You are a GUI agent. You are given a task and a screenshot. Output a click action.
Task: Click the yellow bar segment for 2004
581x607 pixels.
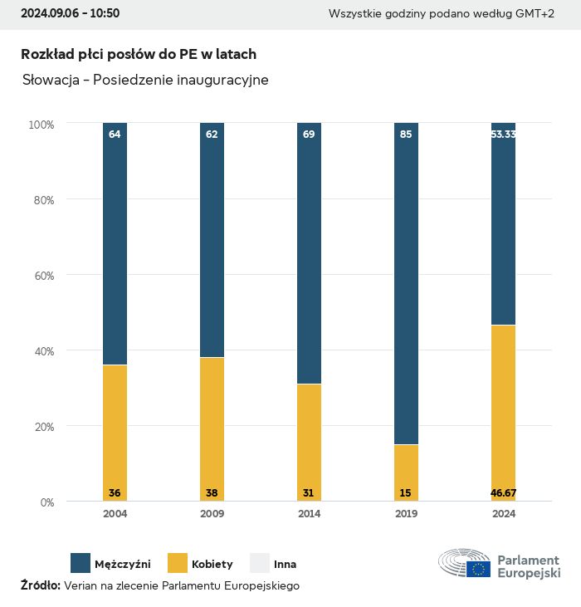coord(115,432)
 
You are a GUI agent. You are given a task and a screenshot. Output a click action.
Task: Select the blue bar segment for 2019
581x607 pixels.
coord(406,282)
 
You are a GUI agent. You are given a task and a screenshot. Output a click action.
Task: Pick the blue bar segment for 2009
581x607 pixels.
coord(212,240)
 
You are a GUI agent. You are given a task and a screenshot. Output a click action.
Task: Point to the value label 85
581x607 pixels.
coord(406,134)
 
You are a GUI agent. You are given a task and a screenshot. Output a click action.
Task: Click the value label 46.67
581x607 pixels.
coord(503,493)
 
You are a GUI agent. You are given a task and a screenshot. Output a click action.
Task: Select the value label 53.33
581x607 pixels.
coord(503,134)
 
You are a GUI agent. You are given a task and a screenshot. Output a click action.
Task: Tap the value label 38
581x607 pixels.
coord(212,493)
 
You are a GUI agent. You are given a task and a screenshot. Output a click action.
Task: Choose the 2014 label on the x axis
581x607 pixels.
coord(309,514)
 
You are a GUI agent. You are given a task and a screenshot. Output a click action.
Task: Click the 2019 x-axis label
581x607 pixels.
coord(406,514)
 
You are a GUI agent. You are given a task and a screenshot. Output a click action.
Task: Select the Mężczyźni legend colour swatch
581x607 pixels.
coord(81,563)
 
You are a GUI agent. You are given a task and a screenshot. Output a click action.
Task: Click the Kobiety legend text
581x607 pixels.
coord(212,564)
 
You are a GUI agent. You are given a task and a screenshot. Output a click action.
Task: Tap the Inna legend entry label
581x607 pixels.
coord(285,564)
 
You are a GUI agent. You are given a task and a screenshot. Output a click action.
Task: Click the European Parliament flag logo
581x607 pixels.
coord(478,569)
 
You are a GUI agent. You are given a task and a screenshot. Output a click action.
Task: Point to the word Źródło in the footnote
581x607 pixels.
coord(40,585)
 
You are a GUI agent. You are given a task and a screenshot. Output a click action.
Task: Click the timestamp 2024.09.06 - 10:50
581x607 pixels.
coord(70,13)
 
